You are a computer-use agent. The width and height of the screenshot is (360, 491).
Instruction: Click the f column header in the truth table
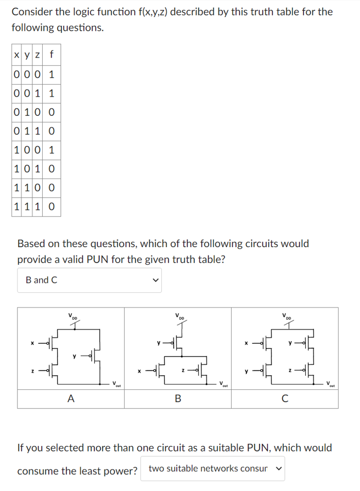pyautogui.click(x=52, y=55)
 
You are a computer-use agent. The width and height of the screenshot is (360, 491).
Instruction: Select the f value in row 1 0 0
pyautogui.click(x=52, y=150)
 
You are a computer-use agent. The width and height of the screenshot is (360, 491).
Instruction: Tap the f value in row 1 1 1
pyautogui.click(x=52, y=207)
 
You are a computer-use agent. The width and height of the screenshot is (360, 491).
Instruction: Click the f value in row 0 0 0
pyautogui.click(x=52, y=74)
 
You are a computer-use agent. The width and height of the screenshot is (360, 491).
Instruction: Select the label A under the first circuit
pyautogui.click(x=70, y=399)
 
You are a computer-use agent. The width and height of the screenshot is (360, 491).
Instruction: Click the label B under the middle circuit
pyautogui.click(x=177, y=399)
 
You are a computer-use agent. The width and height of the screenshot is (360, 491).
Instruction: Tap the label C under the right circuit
pyautogui.click(x=284, y=399)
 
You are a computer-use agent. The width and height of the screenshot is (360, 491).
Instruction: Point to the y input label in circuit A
pyautogui.click(x=74, y=355)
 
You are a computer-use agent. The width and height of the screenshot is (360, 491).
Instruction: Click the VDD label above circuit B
pyautogui.click(x=179, y=317)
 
